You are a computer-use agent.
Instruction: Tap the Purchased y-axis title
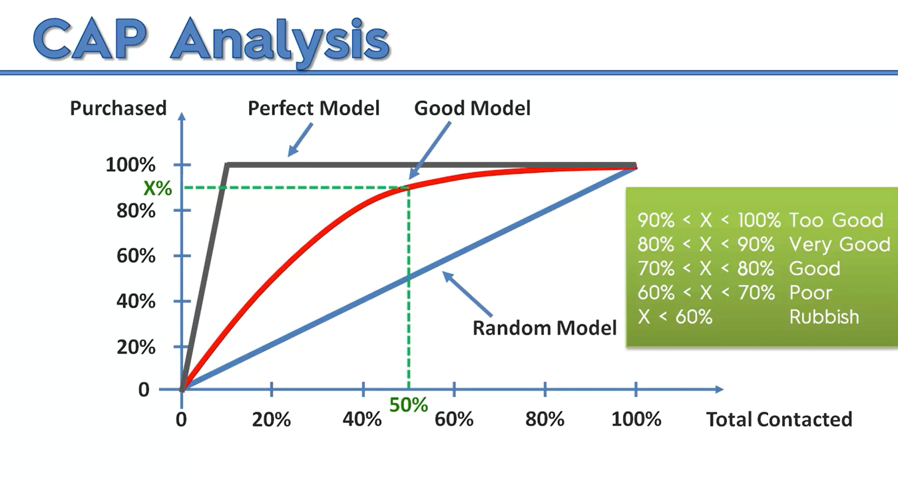[x=118, y=108]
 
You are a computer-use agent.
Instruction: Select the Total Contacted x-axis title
[x=779, y=419]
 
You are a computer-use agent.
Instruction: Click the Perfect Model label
[x=314, y=108]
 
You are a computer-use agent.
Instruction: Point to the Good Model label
[x=472, y=108]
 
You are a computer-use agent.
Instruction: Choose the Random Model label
[x=545, y=328]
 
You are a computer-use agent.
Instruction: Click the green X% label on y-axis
[x=158, y=189]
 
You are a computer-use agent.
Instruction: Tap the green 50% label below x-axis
[x=408, y=404]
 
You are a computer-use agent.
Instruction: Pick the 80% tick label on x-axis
[x=545, y=419]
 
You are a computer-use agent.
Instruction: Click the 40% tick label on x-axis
[x=363, y=419]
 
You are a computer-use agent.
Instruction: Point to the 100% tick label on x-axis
[x=636, y=419]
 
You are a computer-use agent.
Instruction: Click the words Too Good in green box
[x=836, y=221]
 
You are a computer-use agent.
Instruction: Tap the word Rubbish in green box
[x=824, y=316]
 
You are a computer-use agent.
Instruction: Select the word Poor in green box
[x=811, y=292]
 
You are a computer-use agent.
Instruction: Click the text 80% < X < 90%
[x=706, y=244]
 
